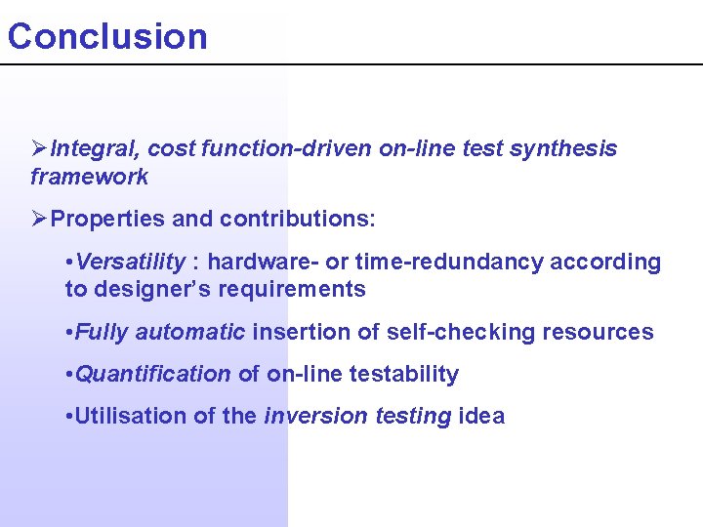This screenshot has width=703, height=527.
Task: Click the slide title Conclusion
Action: (x=107, y=36)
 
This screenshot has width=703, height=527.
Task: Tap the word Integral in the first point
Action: (x=96, y=148)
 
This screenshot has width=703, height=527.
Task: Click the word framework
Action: (x=89, y=177)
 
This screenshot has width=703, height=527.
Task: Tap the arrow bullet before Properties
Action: (x=39, y=219)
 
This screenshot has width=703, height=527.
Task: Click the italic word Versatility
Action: (x=130, y=262)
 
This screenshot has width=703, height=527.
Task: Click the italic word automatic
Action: (x=189, y=332)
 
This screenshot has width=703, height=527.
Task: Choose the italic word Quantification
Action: (x=152, y=374)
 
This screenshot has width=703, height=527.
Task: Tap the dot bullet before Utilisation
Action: (x=67, y=417)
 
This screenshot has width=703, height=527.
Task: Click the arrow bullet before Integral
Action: (x=39, y=148)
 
